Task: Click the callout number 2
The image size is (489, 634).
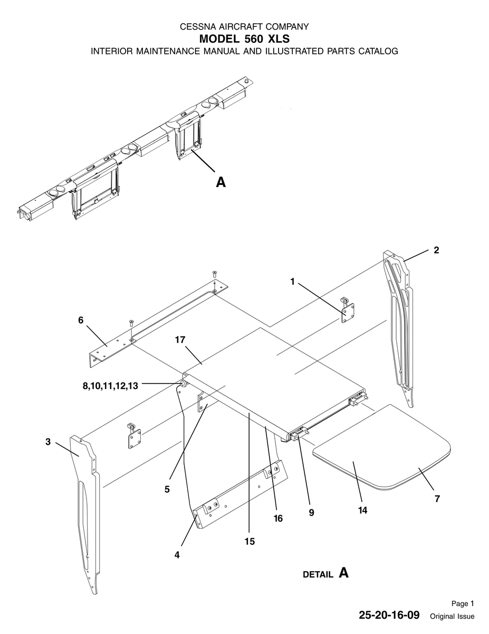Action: tap(436, 250)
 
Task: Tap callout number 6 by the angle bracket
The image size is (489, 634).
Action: tap(81, 320)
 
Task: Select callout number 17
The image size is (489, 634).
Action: tap(180, 340)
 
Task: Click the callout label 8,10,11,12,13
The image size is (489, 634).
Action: tap(110, 386)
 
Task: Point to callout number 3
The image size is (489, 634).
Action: tap(48, 442)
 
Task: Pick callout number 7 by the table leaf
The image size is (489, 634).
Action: tap(437, 499)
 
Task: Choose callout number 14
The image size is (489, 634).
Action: tap(362, 510)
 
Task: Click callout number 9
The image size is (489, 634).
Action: tap(311, 512)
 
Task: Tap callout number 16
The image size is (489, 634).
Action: tap(278, 518)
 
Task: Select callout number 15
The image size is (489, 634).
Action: tap(250, 542)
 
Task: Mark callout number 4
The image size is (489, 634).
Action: tap(177, 555)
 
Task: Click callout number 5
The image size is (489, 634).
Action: tap(167, 489)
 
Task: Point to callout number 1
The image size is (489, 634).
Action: tap(292, 282)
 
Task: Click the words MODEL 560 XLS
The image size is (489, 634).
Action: tap(244, 39)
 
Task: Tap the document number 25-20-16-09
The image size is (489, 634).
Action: tap(389, 615)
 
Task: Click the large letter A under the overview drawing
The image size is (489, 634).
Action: tap(221, 182)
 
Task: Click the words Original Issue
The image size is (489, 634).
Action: tap(452, 616)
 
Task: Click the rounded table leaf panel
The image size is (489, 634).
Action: tap(381, 447)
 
